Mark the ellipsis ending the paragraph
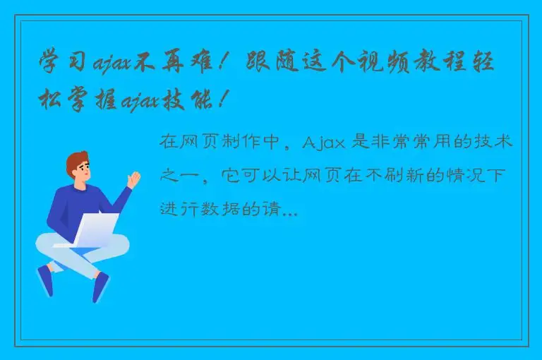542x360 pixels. [289, 212]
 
